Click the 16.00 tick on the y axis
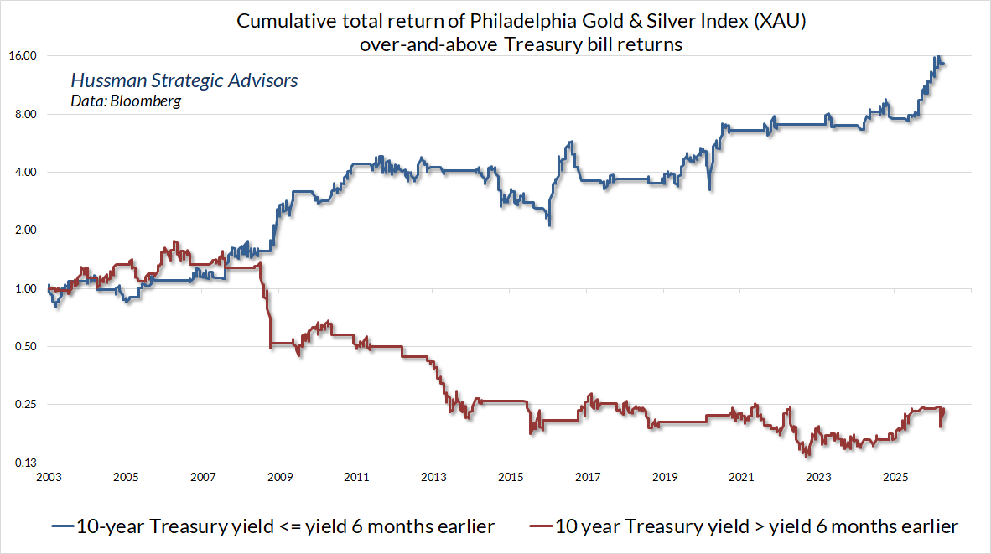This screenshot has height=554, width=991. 23,56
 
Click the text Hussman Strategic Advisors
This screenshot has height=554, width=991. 184,81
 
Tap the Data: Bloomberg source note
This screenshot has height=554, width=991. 125,101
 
